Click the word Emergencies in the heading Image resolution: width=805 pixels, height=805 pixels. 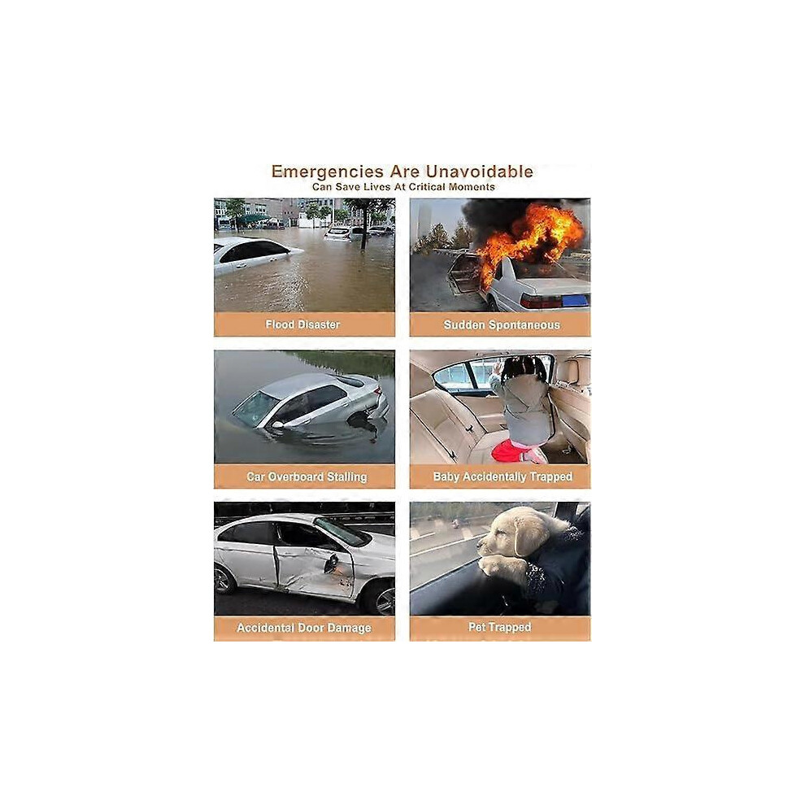(x=327, y=172)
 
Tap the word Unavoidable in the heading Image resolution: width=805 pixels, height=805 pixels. (x=480, y=171)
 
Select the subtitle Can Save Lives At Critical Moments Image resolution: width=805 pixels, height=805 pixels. (x=403, y=187)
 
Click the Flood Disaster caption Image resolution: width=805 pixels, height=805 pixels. (x=302, y=324)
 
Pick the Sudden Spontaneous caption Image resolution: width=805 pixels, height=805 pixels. (x=502, y=325)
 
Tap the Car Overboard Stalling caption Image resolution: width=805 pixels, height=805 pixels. (x=307, y=477)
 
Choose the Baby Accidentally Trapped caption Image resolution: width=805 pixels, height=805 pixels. (x=502, y=477)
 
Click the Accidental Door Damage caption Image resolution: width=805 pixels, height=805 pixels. (x=304, y=628)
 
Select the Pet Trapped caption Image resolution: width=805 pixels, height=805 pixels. (x=499, y=627)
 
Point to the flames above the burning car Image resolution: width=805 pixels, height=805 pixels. (x=529, y=236)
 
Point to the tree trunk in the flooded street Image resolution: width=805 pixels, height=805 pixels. (x=364, y=230)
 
